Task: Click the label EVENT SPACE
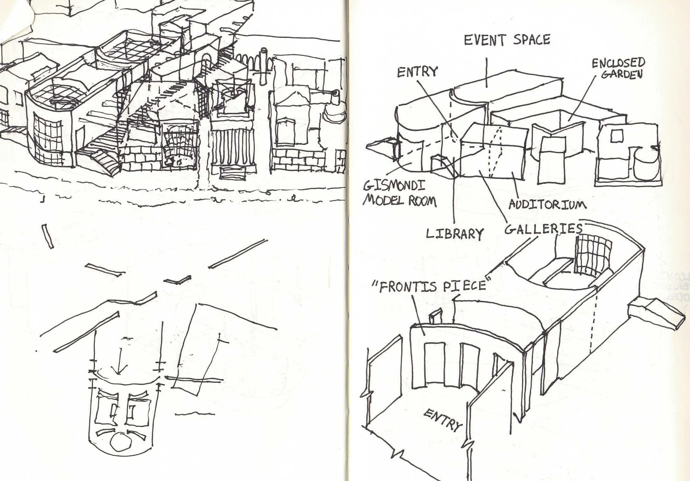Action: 507,40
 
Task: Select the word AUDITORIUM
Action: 548,204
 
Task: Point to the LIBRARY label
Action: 454,234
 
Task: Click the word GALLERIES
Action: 543,229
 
